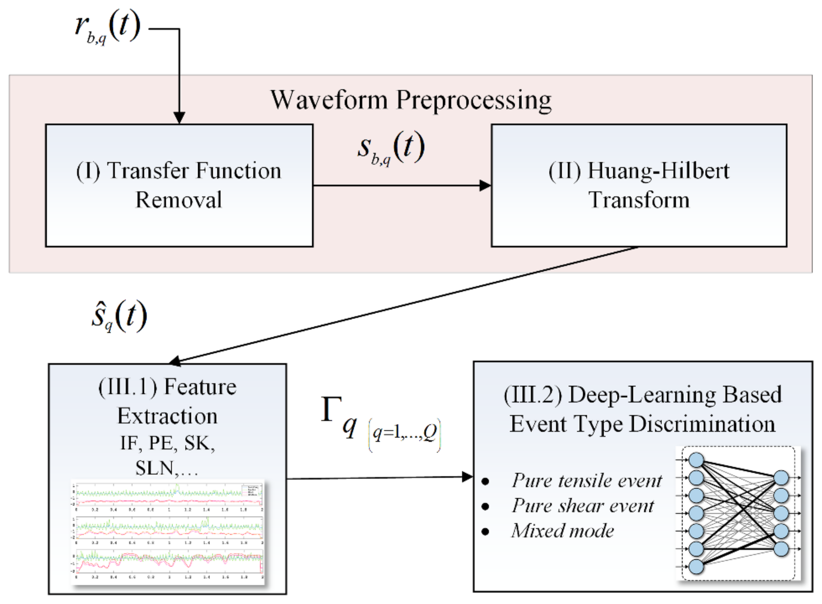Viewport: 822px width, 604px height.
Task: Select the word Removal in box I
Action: pyautogui.click(x=179, y=200)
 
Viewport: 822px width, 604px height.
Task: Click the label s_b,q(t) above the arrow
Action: pyautogui.click(x=391, y=148)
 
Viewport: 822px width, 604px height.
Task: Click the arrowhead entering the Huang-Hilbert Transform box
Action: pyautogui.click(x=485, y=185)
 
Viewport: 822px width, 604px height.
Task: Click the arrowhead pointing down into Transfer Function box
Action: pyautogui.click(x=179, y=118)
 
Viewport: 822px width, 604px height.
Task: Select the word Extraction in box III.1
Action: pyautogui.click(x=167, y=416)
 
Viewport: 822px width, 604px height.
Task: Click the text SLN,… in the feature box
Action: pyautogui.click(x=166, y=468)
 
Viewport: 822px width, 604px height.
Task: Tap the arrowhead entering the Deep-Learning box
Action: pyautogui.click(x=467, y=477)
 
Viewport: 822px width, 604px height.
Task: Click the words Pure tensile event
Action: pyautogui.click(x=587, y=480)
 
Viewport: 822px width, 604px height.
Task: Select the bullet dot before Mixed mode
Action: pyautogui.click(x=485, y=531)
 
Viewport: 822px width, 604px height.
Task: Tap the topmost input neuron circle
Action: pyautogui.click(x=696, y=460)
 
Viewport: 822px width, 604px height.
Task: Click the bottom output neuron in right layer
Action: pyautogui.click(x=781, y=549)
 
